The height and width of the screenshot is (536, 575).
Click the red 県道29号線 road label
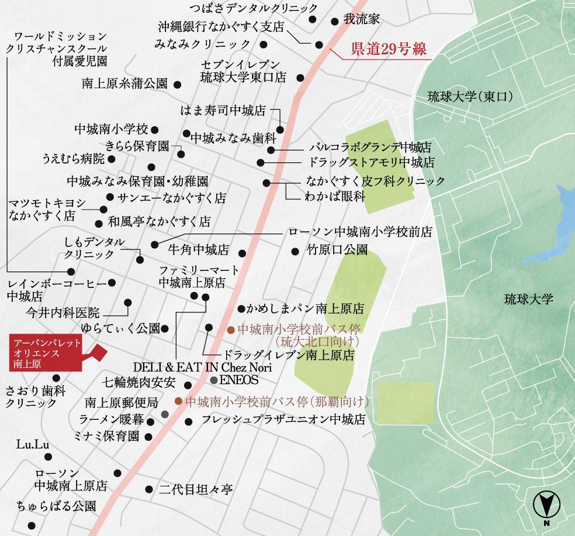click(389, 50)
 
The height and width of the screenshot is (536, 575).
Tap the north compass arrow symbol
click(548, 504)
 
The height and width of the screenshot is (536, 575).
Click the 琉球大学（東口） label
click(470, 96)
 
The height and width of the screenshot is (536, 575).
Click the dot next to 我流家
click(334, 22)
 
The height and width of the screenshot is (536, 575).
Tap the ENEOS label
click(238, 380)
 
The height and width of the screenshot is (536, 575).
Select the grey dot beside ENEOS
click(213, 380)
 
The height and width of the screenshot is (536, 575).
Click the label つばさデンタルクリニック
click(254, 8)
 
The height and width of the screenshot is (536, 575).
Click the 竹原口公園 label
click(337, 251)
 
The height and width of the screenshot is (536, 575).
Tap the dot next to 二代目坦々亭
click(148, 489)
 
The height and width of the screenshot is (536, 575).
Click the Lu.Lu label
click(33, 445)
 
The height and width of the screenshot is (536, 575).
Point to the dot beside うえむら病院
click(111, 158)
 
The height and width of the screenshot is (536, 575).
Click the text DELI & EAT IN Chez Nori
click(202, 368)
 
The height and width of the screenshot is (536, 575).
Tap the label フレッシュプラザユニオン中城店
click(283, 420)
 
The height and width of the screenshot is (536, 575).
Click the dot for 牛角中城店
click(242, 253)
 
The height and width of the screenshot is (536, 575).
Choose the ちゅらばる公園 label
click(56, 506)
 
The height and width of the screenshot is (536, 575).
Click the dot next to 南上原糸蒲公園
click(177, 84)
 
